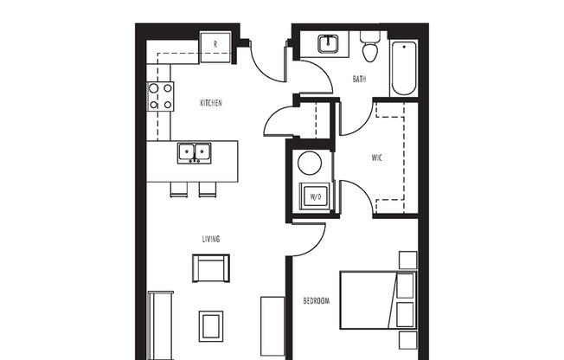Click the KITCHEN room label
pyautogui.click(x=211, y=103)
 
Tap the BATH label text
pyautogui.click(x=359, y=80)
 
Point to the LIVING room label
pyautogui.click(x=211, y=239)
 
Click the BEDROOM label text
pyautogui.click(x=316, y=301)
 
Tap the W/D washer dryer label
pyautogui.click(x=316, y=197)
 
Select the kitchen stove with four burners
pyautogui.click(x=160, y=95)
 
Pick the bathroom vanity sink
pyautogui.click(x=328, y=43)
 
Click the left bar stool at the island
pyautogui.click(x=178, y=189)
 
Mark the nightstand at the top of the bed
pyautogui.click(x=407, y=260)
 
